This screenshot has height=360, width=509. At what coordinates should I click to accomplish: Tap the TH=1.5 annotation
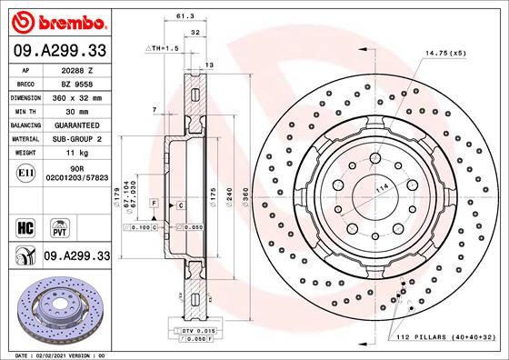click(161, 47)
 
